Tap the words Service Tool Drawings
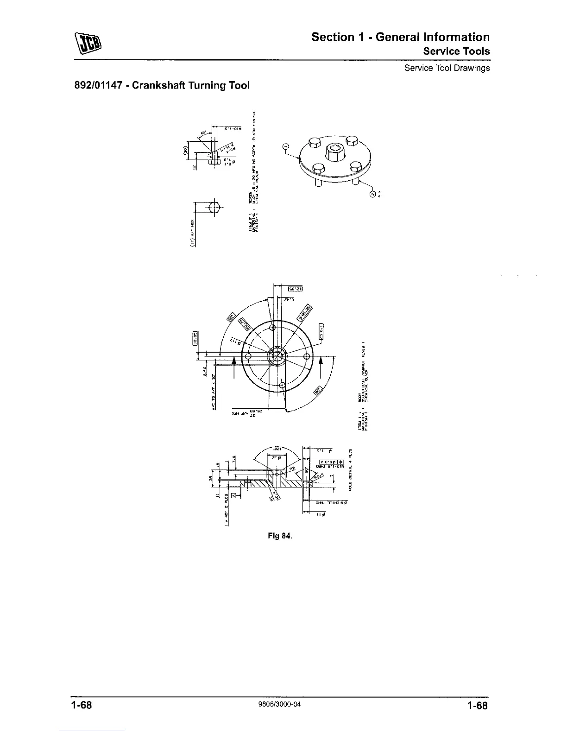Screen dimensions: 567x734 447,68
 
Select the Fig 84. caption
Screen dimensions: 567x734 280,536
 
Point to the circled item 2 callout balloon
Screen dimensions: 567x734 372,194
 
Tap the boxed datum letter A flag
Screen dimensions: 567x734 233,496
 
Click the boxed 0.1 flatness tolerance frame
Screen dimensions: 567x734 321,330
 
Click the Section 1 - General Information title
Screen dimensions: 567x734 400,37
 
